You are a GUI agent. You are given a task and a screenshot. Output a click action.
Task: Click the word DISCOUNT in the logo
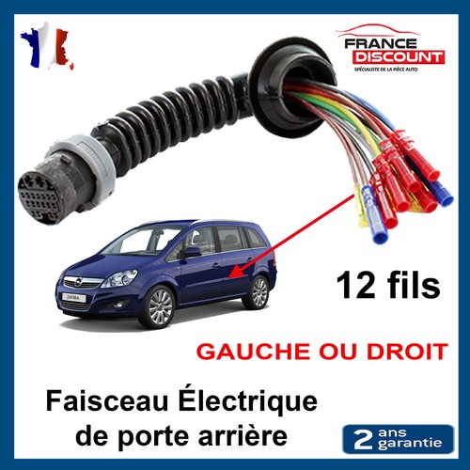click(x=399, y=57)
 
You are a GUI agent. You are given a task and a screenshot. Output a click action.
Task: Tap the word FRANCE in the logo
click(x=381, y=43)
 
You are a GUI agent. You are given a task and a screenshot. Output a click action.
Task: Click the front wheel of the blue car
click(x=158, y=306)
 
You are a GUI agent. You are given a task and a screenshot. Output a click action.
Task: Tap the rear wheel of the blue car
click(x=258, y=291)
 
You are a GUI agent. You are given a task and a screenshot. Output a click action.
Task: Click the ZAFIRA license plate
click(x=73, y=297)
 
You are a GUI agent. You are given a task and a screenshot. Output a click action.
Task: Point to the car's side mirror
click(x=191, y=252)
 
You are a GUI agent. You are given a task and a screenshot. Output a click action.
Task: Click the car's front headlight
click(x=119, y=278)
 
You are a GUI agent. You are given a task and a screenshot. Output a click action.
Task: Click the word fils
click(x=414, y=285)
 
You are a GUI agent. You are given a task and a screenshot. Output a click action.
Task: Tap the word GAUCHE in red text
click(x=253, y=352)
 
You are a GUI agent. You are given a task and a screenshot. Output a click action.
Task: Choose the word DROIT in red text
click(x=407, y=352)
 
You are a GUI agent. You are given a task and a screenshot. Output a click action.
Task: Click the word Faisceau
click(x=107, y=401)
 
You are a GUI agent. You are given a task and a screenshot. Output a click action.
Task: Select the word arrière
click(x=243, y=434)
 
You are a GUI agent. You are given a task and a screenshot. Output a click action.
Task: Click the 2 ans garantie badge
click(x=398, y=439)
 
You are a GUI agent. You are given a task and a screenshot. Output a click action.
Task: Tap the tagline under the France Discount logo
click(x=386, y=70)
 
